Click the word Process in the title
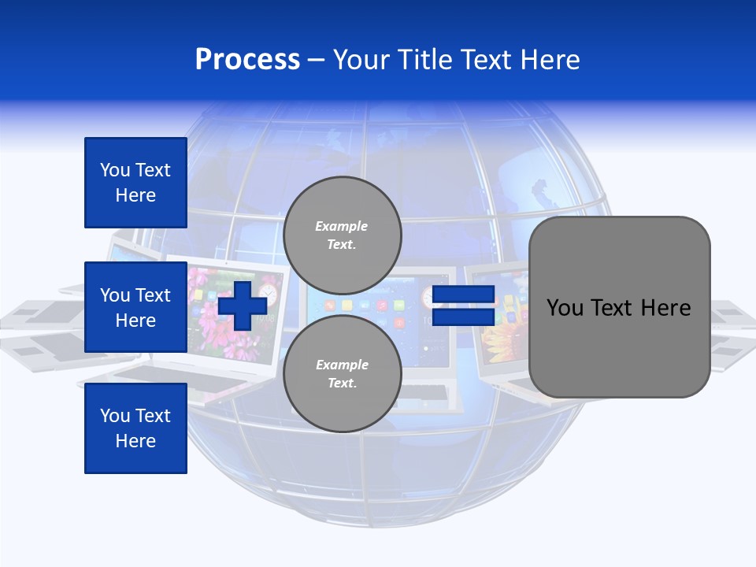247,60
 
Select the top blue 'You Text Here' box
135,183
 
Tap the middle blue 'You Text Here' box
135,307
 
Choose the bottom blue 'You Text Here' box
135,428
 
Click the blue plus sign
242,306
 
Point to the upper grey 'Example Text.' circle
342,235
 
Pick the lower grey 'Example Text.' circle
342,374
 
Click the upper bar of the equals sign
463,295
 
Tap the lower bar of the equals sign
463,317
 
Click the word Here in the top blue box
135,195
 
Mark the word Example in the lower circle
342,365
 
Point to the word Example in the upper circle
342,226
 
